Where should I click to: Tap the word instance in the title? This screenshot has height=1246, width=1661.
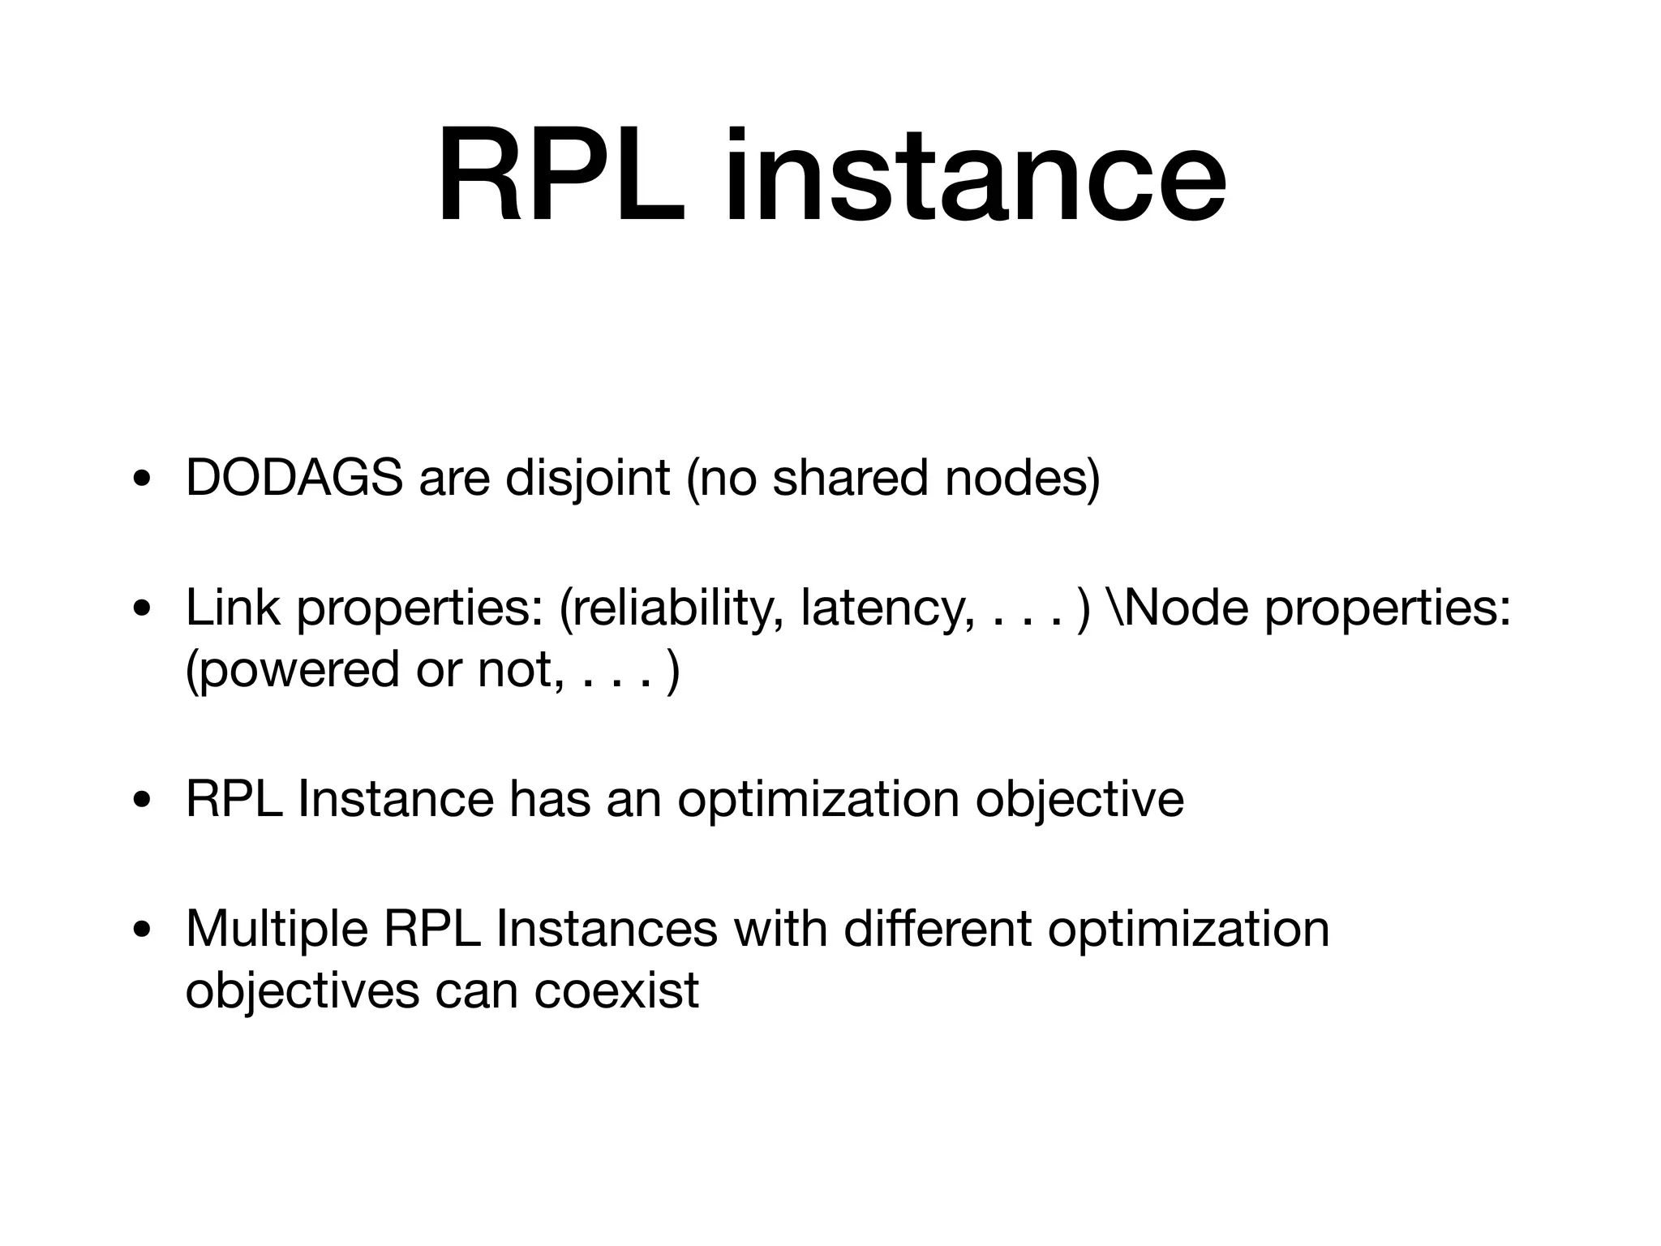tap(975, 176)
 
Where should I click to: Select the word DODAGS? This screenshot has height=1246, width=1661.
tap(294, 478)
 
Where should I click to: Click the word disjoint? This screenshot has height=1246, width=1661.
tap(587, 478)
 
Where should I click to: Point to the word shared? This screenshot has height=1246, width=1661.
tap(849, 478)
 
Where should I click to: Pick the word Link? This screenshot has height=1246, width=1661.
tap(233, 608)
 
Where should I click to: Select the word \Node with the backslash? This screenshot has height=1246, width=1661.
tap(1176, 608)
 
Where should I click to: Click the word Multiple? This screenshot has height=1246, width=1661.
tap(277, 928)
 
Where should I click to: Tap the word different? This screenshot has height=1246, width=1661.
tap(937, 928)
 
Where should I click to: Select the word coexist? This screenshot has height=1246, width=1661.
tap(616, 990)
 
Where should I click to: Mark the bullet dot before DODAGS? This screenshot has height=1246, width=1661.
tap(142, 479)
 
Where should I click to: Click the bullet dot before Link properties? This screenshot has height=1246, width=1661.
tap(142, 609)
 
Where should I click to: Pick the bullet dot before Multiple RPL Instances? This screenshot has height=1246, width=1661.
tap(142, 930)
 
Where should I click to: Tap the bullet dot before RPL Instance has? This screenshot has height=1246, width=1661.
tap(142, 801)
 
